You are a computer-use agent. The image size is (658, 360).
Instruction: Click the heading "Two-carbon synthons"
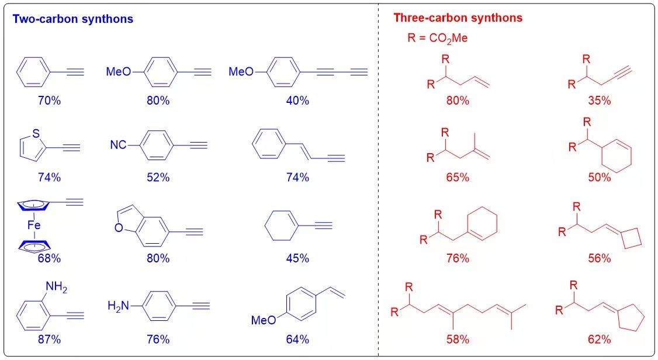[73, 19]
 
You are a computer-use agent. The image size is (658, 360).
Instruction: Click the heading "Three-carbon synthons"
[458, 18]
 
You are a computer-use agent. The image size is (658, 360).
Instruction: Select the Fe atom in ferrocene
[33, 223]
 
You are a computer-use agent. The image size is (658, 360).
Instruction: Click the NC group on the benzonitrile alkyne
[119, 144]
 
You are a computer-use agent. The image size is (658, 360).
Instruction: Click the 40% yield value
[297, 100]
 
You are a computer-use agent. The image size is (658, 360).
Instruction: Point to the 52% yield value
[158, 177]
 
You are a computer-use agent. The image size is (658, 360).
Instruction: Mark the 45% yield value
[297, 258]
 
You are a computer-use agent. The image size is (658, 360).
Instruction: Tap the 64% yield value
[297, 339]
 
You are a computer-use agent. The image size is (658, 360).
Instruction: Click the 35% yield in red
[600, 100]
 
